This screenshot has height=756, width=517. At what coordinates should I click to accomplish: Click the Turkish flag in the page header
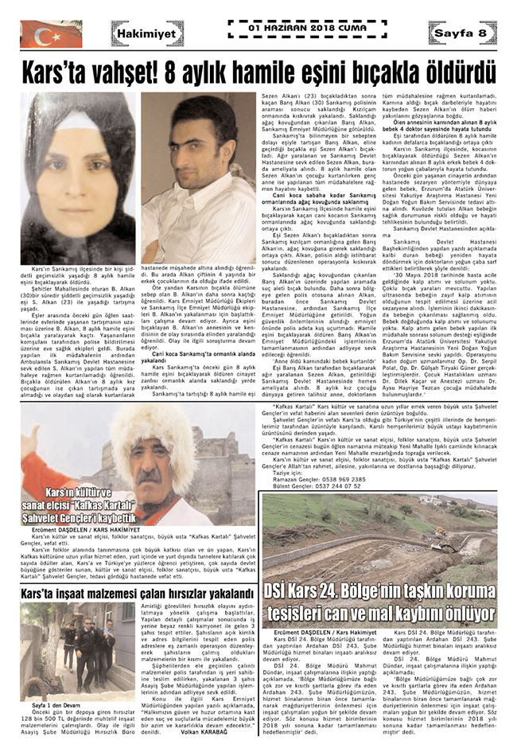click(x=50, y=33)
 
